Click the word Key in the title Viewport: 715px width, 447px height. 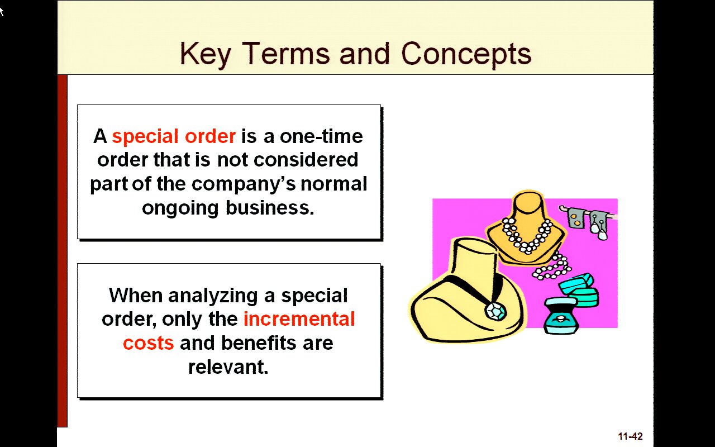click(205, 54)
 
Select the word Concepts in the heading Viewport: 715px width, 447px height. click(466, 54)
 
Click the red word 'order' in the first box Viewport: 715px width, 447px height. click(211, 136)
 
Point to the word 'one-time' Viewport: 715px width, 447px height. click(321, 136)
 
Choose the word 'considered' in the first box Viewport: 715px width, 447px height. click(306, 160)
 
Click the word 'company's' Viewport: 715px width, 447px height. click(244, 184)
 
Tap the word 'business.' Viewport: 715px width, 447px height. click(270, 208)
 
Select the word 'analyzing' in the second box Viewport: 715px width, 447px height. click(213, 296)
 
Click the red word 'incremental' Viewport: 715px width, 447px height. click(299, 319)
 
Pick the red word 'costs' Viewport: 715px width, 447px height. click(149, 344)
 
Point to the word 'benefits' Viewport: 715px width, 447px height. click(259, 343)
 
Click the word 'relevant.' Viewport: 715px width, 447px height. click(228, 367)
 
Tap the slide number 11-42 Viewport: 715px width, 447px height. click(631, 436)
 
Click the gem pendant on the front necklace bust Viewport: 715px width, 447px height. click(495, 311)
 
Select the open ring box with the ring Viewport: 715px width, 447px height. click(560, 316)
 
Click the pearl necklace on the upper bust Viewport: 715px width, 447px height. click(527, 236)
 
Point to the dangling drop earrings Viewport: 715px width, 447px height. click(598, 227)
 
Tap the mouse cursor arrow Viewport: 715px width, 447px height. click(2, 12)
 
